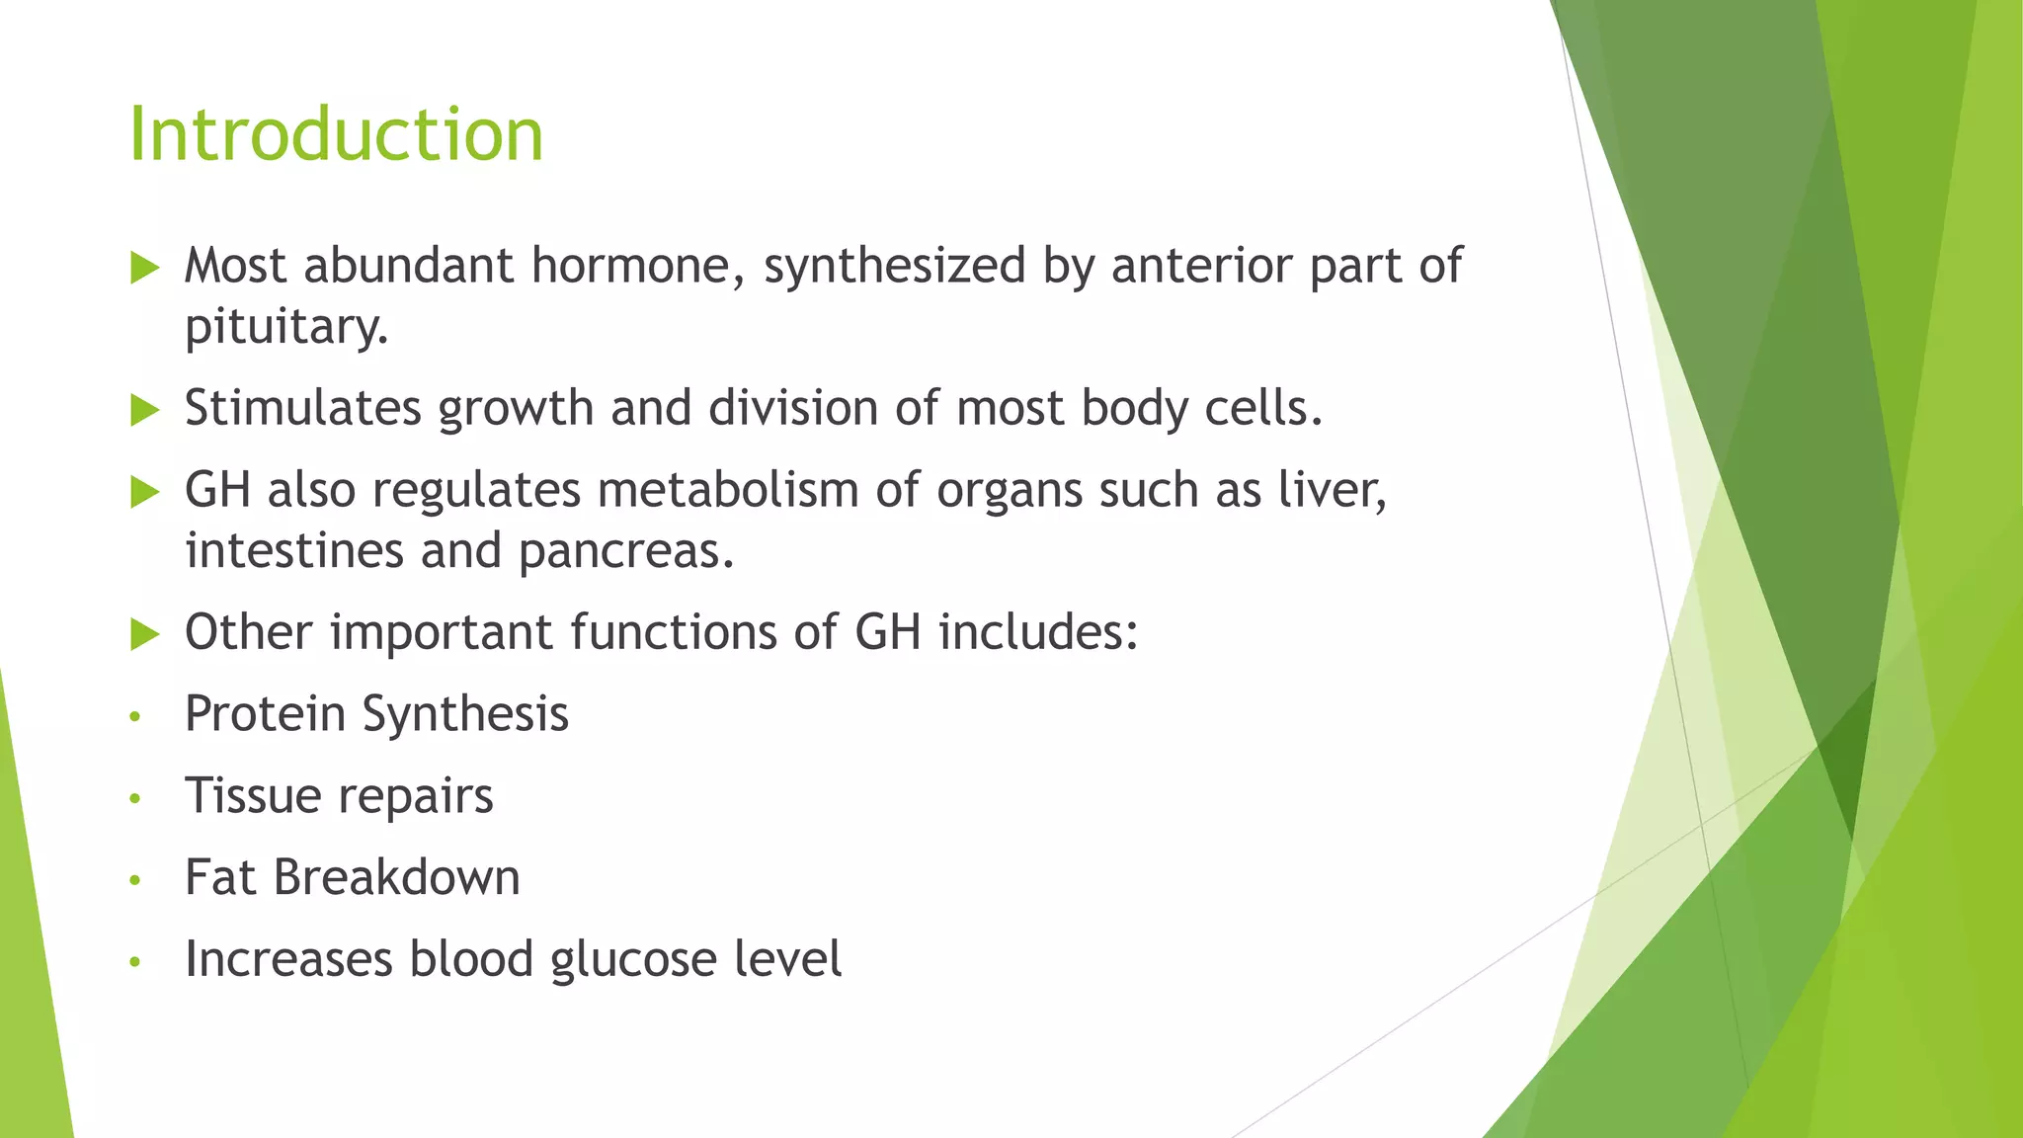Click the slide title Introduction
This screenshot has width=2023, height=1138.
tap(336, 134)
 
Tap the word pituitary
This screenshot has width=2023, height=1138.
tap(285, 327)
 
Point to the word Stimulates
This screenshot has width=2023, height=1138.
tap(303, 408)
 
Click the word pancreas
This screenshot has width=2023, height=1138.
tap(625, 550)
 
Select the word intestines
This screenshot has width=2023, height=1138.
tap(294, 550)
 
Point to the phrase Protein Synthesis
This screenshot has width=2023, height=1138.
tap(376, 713)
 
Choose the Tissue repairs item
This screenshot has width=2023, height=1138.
tap(339, 795)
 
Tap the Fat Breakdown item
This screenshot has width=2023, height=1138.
tap(352, 877)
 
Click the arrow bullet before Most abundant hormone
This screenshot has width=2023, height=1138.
tap(144, 267)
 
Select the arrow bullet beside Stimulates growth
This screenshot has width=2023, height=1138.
tap(144, 410)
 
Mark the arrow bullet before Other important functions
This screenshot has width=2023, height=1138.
tap(144, 634)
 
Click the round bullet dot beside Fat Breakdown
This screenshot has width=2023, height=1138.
tap(135, 879)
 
